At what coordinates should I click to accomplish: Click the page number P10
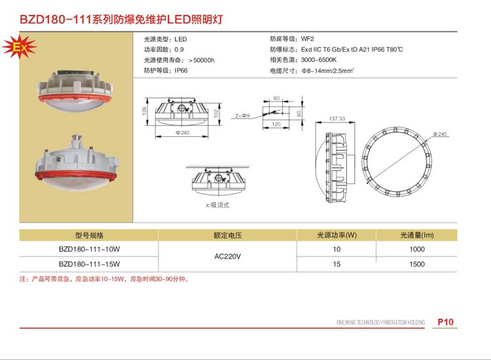445,322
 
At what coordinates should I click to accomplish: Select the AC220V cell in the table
227,257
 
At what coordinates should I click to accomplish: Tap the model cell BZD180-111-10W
89,249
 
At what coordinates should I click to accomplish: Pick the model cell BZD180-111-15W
89,264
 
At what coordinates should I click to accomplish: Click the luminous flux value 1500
417,264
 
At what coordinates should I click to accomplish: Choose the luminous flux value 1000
417,249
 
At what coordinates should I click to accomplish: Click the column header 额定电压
227,235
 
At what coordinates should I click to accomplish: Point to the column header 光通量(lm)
417,235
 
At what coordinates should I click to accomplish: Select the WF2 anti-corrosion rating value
308,39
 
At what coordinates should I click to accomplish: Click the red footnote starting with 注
105,279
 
